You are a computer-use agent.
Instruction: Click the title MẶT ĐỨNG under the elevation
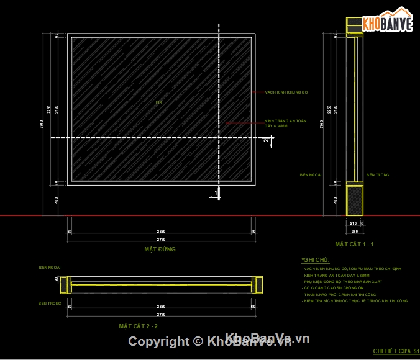[160, 250]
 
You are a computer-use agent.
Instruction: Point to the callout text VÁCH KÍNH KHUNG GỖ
[286, 92]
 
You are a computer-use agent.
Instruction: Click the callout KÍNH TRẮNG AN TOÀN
[285, 121]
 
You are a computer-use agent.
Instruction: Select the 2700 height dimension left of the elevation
[42, 124]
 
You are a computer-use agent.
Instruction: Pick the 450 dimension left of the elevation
[56, 200]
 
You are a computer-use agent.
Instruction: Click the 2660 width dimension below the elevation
[160, 232]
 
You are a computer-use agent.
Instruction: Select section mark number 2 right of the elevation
[265, 141]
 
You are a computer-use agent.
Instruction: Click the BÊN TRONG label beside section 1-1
[377, 175]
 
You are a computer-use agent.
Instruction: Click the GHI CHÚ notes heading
[316, 259]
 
